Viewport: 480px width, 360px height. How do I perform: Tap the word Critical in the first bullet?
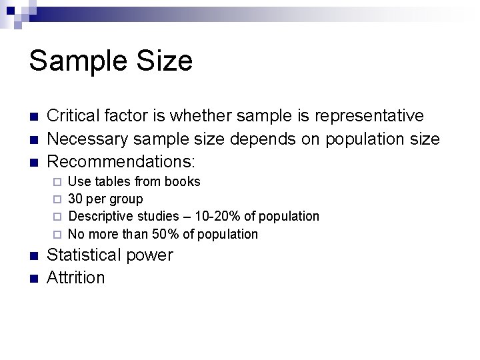coord(75,116)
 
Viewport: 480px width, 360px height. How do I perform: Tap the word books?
coord(183,181)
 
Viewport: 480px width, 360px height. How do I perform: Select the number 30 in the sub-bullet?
coord(76,199)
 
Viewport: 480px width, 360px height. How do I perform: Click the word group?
coord(127,199)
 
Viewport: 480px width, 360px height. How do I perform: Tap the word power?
coord(152,256)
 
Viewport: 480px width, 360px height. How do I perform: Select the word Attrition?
coord(76,277)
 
